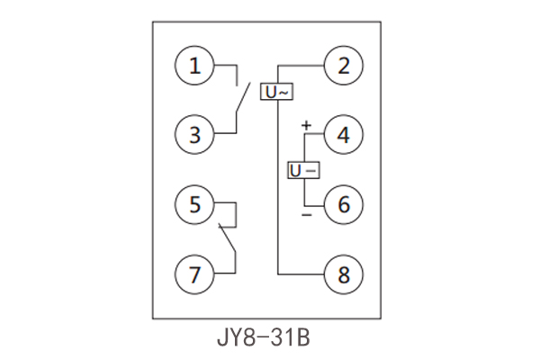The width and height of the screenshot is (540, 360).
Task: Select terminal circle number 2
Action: click(x=344, y=66)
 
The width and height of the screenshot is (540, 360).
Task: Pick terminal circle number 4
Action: click(x=344, y=135)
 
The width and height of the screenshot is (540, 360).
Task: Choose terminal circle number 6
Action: click(x=344, y=204)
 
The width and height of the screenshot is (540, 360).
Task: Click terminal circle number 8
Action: click(x=344, y=273)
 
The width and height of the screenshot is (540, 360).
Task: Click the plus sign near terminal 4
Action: click(x=306, y=124)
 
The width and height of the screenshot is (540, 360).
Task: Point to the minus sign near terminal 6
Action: click(x=306, y=217)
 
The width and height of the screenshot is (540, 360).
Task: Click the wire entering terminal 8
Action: click(x=301, y=273)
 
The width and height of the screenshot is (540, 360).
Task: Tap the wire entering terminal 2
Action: click(x=301, y=66)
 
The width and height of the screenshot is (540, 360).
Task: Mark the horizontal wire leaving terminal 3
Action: click(x=225, y=135)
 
